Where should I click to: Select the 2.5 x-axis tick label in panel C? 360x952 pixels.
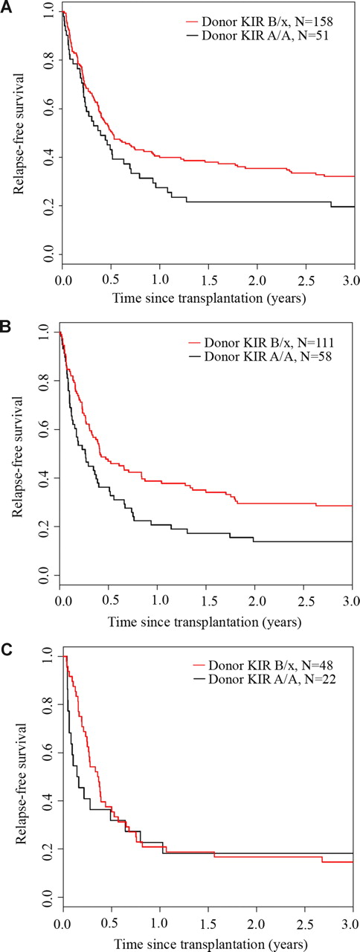(x=304, y=923)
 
